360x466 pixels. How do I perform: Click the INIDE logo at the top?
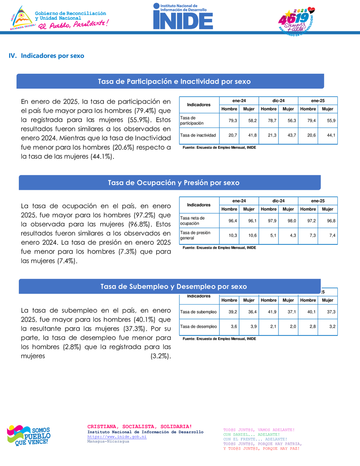183,17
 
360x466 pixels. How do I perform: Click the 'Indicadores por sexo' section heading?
52,56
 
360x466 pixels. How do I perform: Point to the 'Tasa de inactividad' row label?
198,135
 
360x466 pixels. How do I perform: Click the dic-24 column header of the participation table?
278,101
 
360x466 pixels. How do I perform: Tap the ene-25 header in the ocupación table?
318,201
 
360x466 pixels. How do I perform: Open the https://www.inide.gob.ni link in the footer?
117,436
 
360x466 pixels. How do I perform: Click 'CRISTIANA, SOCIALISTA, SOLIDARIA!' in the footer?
139,426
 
